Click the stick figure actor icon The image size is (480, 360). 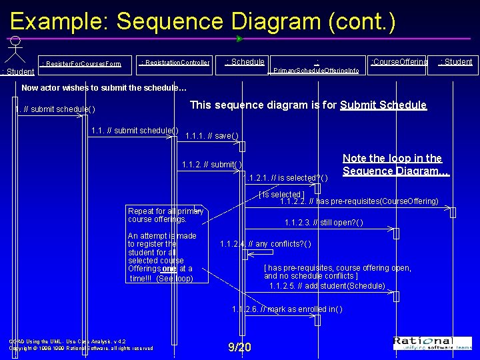pyautogui.click(x=15, y=50)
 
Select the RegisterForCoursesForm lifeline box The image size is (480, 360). pyautogui.click(x=81, y=64)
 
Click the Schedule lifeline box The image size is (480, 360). pyautogui.click(x=245, y=62)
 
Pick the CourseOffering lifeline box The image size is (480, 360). pyautogui.click(x=399, y=62)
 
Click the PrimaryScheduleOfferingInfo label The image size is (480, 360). pyautogui.click(x=317, y=70)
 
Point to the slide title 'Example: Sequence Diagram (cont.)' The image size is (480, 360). pyautogui.click(x=203, y=21)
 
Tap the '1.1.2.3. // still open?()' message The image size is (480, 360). pyautogui.click(x=323, y=223)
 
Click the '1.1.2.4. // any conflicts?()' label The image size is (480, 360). pyautogui.click(x=265, y=244)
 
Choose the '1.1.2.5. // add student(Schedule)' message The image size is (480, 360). pyautogui.click(x=327, y=286)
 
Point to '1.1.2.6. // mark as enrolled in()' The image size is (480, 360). pyautogui.click(x=287, y=309)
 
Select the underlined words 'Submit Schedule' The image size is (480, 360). pyautogui.click(x=383, y=105)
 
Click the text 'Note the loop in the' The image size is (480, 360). pyautogui.click(x=392, y=159)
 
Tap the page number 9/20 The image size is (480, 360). pyautogui.click(x=239, y=347)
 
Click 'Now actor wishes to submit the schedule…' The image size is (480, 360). pyautogui.click(x=104, y=87)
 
